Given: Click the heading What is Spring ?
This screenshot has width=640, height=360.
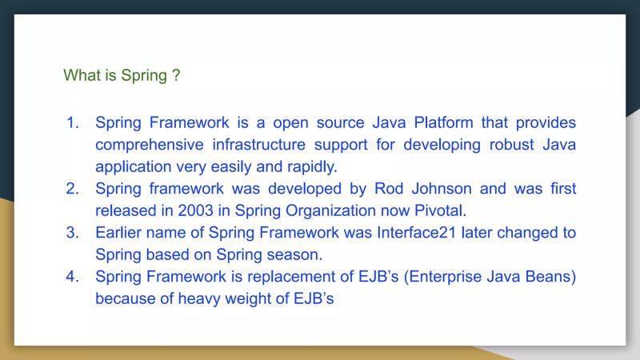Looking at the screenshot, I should [x=122, y=76].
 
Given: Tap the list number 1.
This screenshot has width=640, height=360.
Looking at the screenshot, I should [x=73, y=123].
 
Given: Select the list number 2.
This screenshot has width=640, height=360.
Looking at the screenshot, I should [x=73, y=189].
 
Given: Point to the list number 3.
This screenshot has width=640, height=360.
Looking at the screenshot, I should [x=73, y=233].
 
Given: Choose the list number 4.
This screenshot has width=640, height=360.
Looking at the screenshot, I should [x=73, y=277].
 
